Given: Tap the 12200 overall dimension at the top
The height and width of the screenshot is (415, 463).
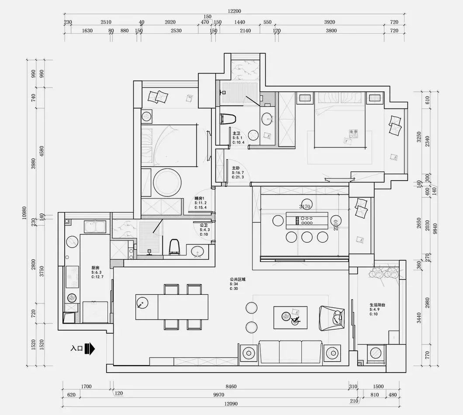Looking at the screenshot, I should (x=234, y=11).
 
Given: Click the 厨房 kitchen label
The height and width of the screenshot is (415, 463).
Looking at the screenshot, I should (x=96, y=268).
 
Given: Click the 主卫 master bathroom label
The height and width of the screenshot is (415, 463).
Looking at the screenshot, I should (x=236, y=133).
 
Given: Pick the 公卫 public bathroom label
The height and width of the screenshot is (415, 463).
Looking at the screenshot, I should (x=204, y=225).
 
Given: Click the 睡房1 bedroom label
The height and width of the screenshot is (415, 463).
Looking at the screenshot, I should (x=200, y=199).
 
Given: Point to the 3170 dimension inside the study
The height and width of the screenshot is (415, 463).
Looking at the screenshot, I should (x=305, y=206).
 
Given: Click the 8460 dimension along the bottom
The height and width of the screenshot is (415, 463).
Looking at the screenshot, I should (x=231, y=387).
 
